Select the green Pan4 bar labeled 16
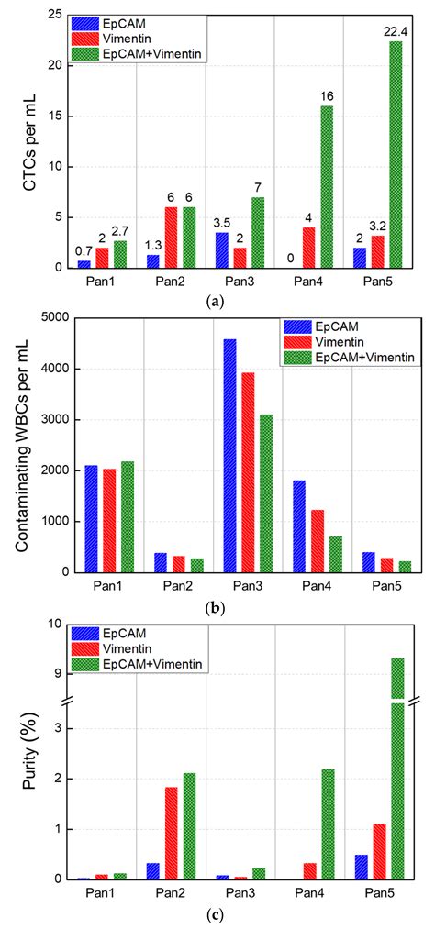(326, 187)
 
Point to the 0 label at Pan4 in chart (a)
(290, 259)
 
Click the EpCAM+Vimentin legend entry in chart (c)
(133, 661)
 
